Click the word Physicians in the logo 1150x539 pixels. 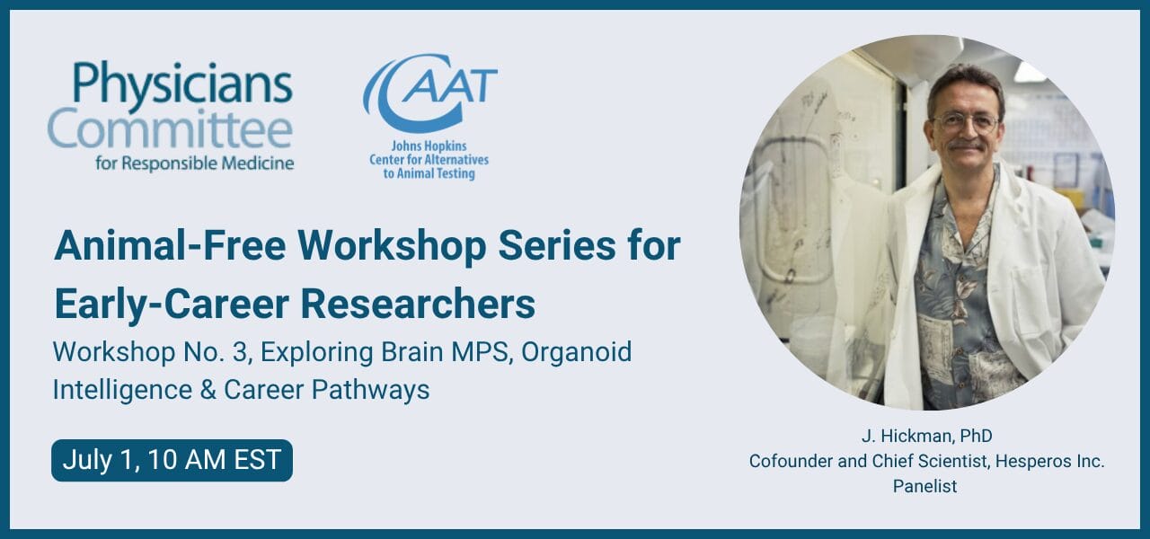click(x=182, y=84)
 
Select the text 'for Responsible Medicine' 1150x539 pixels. click(x=195, y=163)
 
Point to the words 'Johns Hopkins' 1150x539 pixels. click(x=429, y=146)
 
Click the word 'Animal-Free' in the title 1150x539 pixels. click(x=170, y=246)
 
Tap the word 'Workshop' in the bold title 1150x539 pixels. click(x=392, y=247)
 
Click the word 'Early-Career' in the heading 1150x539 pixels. click(x=172, y=305)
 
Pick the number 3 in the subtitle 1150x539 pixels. click(x=239, y=352)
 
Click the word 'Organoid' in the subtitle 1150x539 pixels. click(x=577, y=353)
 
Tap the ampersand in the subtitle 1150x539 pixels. click(x=208, y=390)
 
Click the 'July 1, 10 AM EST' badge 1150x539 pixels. click(x=172, y=461)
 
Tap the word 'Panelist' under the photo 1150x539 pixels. click(x=924, y=486)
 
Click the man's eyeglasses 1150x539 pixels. click(x=966, y=123)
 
